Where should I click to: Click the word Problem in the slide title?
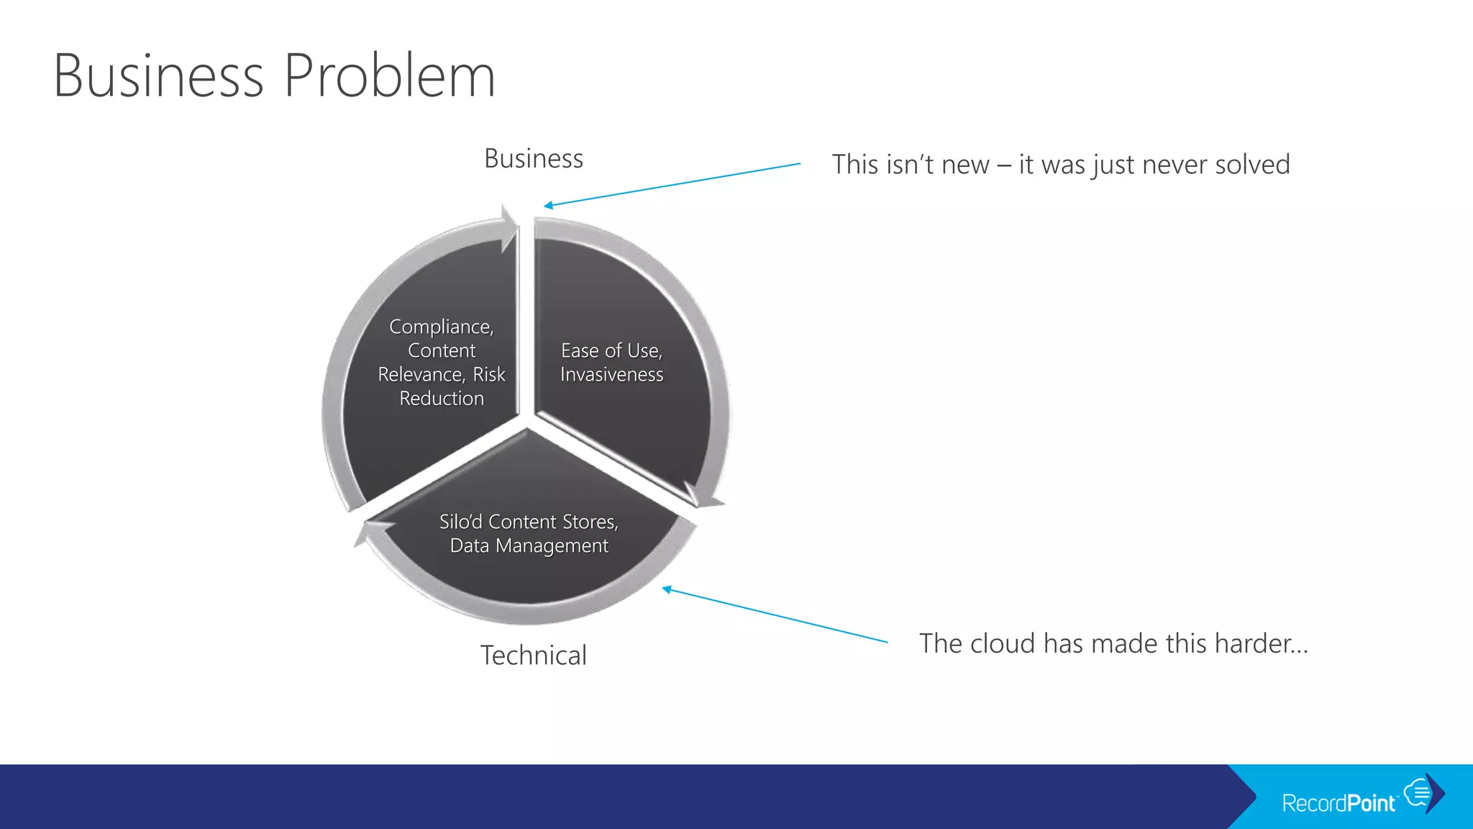pos(390,76)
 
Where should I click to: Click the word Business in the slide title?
pos(159,76)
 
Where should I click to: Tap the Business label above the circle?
pos(534,158)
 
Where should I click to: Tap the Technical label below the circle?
pos(534,656)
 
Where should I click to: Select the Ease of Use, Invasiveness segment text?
pos(611,362)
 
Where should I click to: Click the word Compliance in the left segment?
pos(440,327)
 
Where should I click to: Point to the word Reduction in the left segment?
pos(442,398)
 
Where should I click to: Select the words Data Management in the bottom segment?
pos(529,545)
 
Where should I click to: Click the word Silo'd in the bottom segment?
pos(460,522)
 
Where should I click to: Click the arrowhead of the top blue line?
pos(547,206)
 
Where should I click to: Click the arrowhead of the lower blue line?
pos(666,589)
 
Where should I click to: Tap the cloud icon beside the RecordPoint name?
pos(1418,792)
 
